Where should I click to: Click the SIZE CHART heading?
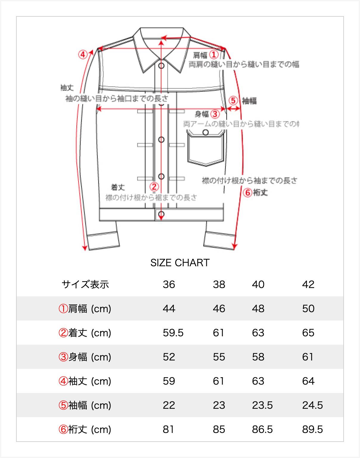(180, 263)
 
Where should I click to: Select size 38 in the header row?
(219, 284)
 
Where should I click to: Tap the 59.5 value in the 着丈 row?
(173, 333)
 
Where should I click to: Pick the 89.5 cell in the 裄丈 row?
(312, 429)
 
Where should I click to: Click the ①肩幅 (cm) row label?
(85, 309)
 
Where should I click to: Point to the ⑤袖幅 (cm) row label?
(85, 405)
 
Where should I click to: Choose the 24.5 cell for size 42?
(312, 405)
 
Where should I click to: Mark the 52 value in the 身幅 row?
(169, 357)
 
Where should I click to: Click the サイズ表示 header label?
(85, 284)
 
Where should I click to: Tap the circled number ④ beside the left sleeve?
(83, 55)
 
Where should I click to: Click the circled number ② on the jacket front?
(154, 187)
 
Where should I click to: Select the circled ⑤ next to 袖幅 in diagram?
(233, 100)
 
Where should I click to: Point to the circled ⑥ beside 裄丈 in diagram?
(247, 193)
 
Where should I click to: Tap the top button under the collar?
(161, 66)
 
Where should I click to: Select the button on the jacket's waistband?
(161, 214)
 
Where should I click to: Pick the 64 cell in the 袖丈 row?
(308, 381)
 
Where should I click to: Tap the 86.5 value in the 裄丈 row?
(262, 429)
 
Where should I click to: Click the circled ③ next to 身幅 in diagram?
(215, 114)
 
